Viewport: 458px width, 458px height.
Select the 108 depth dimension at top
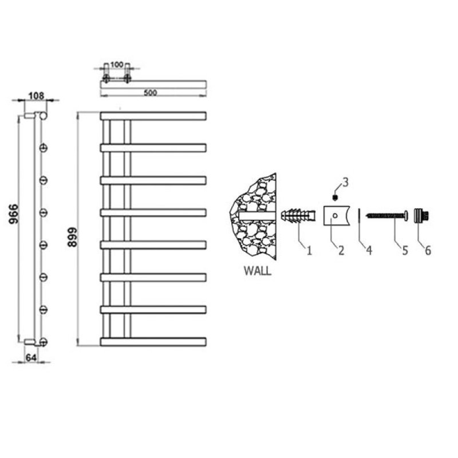pos(36,96)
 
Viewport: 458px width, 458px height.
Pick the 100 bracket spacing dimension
pos(116,65)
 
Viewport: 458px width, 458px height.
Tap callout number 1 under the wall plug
pos(309,251)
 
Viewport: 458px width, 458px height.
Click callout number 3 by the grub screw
pos(345,183)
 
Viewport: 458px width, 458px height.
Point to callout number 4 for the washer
pos(369,251)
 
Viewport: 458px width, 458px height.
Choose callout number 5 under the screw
pos(404,250)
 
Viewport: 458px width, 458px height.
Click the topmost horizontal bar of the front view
pos(153,115)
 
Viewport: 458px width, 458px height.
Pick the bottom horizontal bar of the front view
pos(153,342)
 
